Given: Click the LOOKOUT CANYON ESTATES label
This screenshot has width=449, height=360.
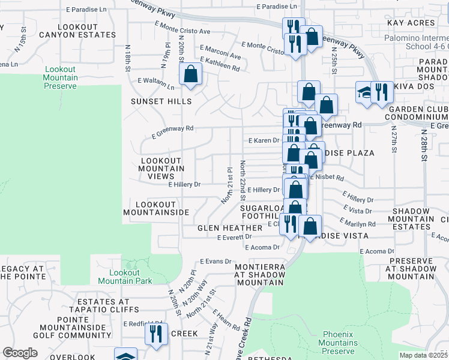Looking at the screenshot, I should pos(86,31).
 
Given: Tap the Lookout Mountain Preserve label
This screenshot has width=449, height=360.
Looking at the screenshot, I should pos(61,78).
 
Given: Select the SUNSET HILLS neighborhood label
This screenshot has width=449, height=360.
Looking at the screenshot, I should pos(161,102).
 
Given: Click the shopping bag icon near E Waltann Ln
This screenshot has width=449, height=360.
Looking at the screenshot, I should pos(190,75).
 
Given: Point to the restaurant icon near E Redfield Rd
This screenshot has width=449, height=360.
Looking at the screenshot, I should pos(156,334).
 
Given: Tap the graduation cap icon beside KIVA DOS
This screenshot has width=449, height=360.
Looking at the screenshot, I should pos(364,92).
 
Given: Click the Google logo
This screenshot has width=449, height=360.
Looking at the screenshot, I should pos(20,353).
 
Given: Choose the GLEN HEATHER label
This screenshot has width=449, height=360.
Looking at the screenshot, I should pos(230,228).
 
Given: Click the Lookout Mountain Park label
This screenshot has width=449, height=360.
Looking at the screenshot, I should pos(125,277).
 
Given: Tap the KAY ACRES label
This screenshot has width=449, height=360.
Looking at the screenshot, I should pos(411,23).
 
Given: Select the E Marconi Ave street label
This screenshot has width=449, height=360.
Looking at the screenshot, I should pos(220,52).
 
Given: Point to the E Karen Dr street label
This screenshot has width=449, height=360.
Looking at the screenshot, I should pos(264,140).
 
